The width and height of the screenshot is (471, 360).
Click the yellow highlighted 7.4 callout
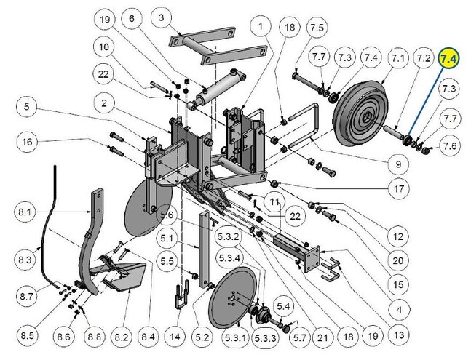448,58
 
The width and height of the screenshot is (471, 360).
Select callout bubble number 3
162,17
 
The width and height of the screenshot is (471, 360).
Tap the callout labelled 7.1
398,58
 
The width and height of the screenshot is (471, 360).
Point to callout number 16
28,142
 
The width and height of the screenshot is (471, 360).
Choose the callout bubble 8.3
25,260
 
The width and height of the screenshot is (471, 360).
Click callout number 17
398,188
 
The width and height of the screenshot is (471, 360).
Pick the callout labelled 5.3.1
236,338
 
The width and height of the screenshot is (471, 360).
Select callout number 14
175,337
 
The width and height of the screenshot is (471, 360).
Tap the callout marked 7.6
450,145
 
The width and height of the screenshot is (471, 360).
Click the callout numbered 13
398,335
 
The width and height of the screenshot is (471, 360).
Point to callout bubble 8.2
122,337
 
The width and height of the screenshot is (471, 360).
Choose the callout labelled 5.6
167,215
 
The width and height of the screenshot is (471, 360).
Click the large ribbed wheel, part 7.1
360,113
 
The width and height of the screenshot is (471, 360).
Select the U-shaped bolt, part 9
304,125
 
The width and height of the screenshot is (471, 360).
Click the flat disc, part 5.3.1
233,297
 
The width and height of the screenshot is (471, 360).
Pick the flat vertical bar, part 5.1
205,249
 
